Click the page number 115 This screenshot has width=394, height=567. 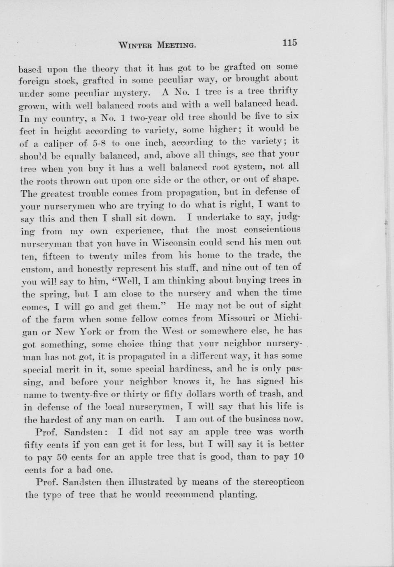290,43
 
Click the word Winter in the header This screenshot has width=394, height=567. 136,45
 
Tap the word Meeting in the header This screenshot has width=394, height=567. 176,45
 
